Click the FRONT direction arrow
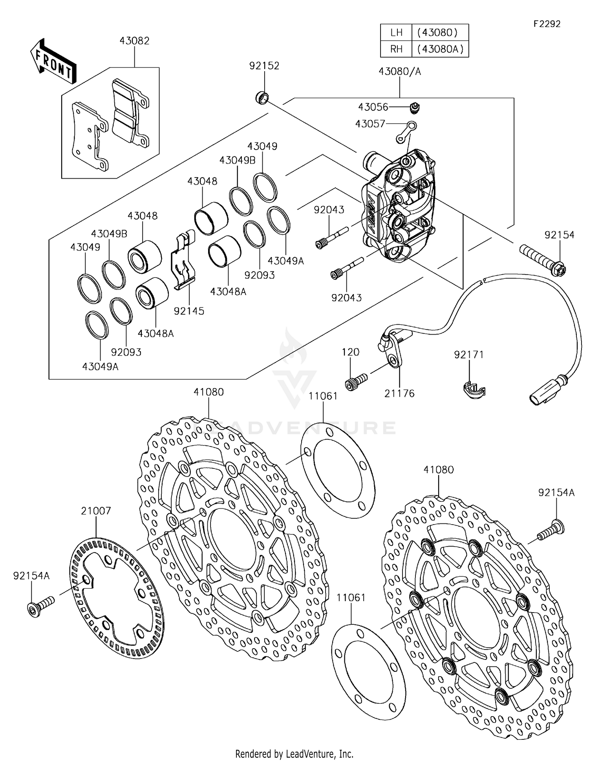pos(53,62)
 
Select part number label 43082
pos(134,41)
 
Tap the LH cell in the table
pos(396,33)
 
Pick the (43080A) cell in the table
pos(440,49)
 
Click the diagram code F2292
pos(547,24)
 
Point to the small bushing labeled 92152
pos(262,97)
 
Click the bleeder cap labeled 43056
pos(414,106)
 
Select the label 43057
pos(370,124)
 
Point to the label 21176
pos(399,393)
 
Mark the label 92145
pos(189,311)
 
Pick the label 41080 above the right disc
pos(439,470)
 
